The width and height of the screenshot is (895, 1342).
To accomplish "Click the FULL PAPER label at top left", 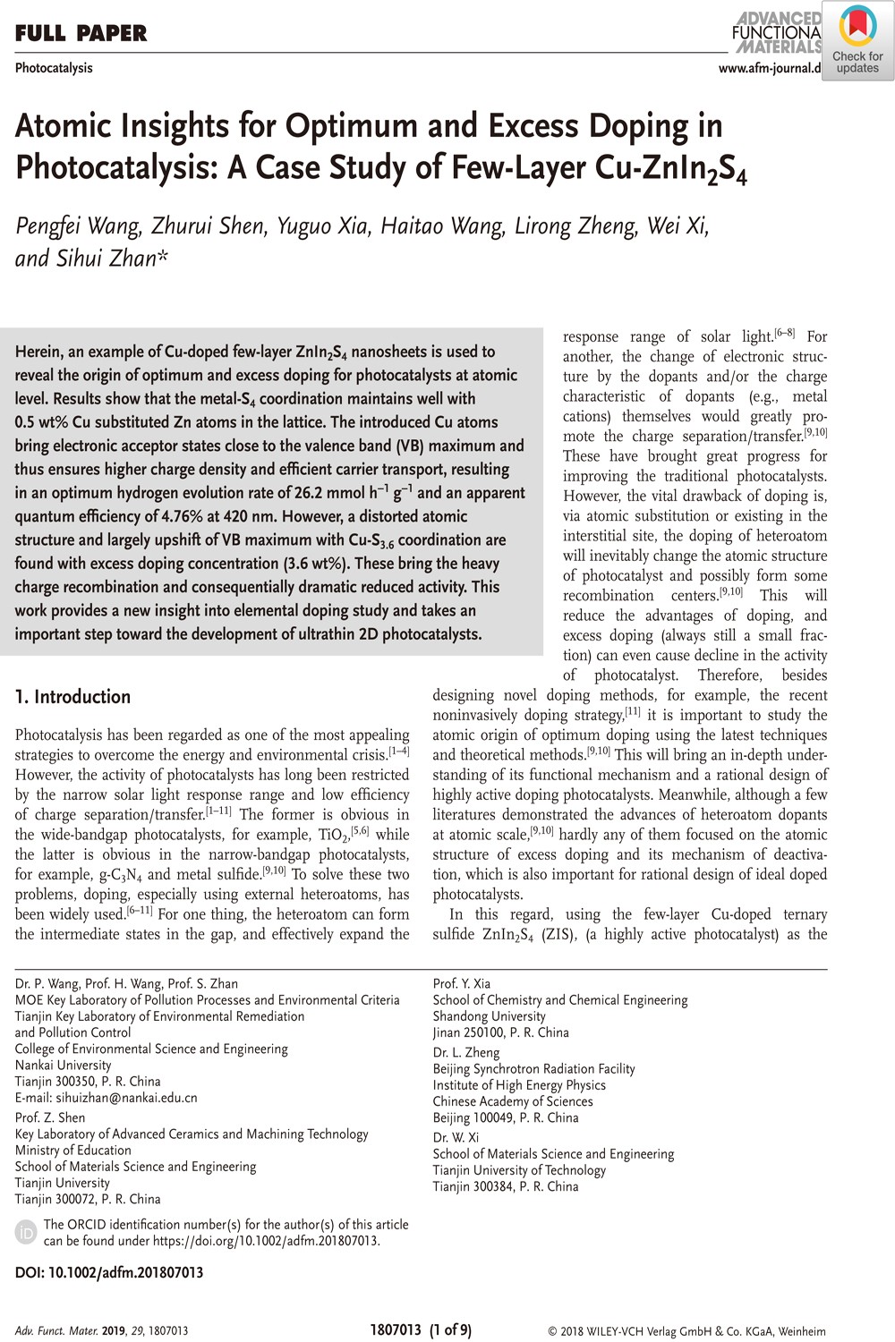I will tap(81, 34).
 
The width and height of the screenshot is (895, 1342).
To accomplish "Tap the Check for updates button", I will tap(857, 42).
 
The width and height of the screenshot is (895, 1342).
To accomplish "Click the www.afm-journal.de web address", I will tap(770, 68).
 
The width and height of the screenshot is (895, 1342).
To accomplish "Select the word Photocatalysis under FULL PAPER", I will tap(54, 68).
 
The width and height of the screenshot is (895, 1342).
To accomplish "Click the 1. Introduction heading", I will tap(73, 697).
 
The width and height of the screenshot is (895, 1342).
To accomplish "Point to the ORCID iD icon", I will tap(27, 1232).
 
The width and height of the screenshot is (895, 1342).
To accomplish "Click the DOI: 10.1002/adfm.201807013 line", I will tap(109, 1272).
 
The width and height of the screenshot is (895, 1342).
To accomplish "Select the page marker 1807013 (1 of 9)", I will tap(420, 1329).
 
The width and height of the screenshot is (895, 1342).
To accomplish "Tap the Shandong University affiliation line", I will tap(489, 1016).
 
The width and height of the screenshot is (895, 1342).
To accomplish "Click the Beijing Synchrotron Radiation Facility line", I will tap(533, 1068).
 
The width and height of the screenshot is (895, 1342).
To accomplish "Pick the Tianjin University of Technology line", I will tap(519, 1170).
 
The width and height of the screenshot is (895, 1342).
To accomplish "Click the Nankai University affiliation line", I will tap(64, 1065).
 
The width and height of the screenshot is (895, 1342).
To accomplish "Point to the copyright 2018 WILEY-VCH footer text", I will tap(686, 1330).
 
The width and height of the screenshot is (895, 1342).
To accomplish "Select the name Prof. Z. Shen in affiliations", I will tap(50, 1117).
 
